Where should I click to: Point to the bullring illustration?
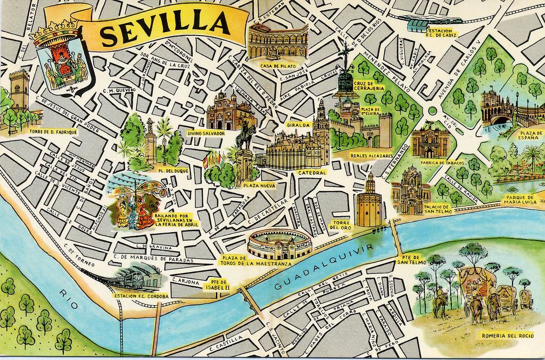click(x=278, y=244)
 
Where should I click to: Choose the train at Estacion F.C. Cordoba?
click(x=133, y=279)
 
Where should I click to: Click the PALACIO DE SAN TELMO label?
click(x=438, y=209)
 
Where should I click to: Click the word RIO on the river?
click(x=66, y=294)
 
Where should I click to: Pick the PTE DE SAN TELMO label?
click(x=411, y=259)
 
